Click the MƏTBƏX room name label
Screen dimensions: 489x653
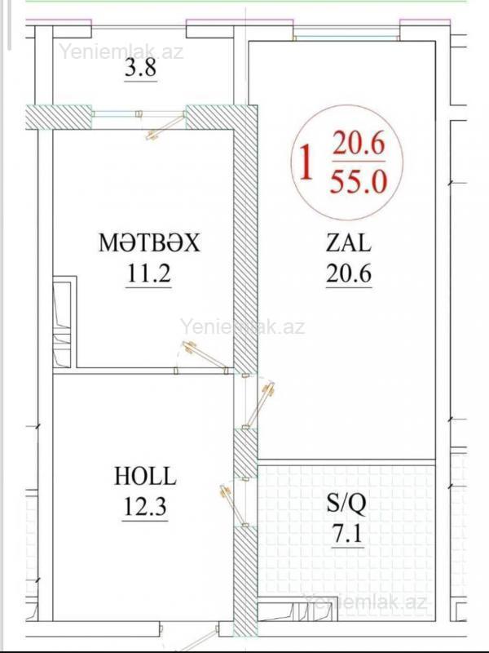coord(149,242)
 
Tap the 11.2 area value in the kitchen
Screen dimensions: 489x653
coord(149,273)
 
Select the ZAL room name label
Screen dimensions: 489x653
coord(349,242)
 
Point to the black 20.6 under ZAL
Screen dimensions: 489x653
coord(349,273)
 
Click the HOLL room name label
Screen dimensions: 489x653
coord(145,476)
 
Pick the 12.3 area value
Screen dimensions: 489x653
coord(145,506)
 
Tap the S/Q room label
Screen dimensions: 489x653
coord(346,503)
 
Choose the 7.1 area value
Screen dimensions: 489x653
coord(347,535)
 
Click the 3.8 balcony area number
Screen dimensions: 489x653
coord(140,68)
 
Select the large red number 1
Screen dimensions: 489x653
coord(306,162)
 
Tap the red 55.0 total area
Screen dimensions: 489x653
coord(359,182)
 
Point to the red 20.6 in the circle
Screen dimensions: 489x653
coord(359,144)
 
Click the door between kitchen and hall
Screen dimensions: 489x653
coord(202,357)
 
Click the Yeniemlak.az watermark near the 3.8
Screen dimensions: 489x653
coord(121,51)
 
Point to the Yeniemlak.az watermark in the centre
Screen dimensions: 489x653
coord(242,326)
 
